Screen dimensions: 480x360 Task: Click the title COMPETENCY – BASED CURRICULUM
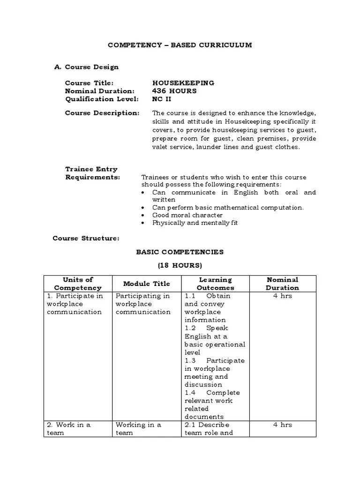(180, 45)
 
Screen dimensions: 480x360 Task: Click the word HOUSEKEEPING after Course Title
(183, 83)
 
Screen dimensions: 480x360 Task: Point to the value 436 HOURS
(174, 91)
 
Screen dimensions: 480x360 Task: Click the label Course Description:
(102, 113)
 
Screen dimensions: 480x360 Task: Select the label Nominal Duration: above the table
(99, 91)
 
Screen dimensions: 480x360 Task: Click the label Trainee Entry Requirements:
(92, 173)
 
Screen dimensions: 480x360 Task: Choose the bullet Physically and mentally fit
(195, 223)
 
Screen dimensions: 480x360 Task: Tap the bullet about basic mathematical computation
(228, 207)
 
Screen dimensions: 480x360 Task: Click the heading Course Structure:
(86, 238)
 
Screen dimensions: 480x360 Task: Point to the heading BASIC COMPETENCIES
(180, 252)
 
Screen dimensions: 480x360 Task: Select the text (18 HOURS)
(180, 265)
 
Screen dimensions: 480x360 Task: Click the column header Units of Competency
(78, 284)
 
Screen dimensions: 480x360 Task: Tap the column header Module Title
(146, 284)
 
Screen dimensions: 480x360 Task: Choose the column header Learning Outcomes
(215, 284)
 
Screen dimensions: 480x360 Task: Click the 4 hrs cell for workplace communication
(282, 296)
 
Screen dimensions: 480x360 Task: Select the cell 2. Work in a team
(68, 428)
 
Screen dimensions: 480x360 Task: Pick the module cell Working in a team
(138, 428)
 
